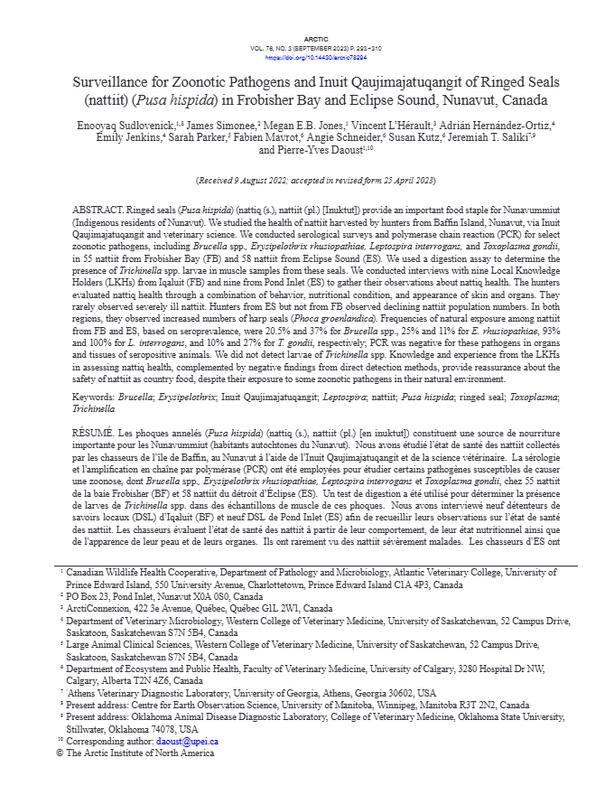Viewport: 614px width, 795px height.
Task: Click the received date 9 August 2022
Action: coord(262,181)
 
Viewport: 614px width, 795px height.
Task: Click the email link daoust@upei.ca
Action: coord(187,741)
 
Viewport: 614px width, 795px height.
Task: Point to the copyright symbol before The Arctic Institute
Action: coord(60,752)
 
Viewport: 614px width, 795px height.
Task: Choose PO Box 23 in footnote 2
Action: coord(87,598)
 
